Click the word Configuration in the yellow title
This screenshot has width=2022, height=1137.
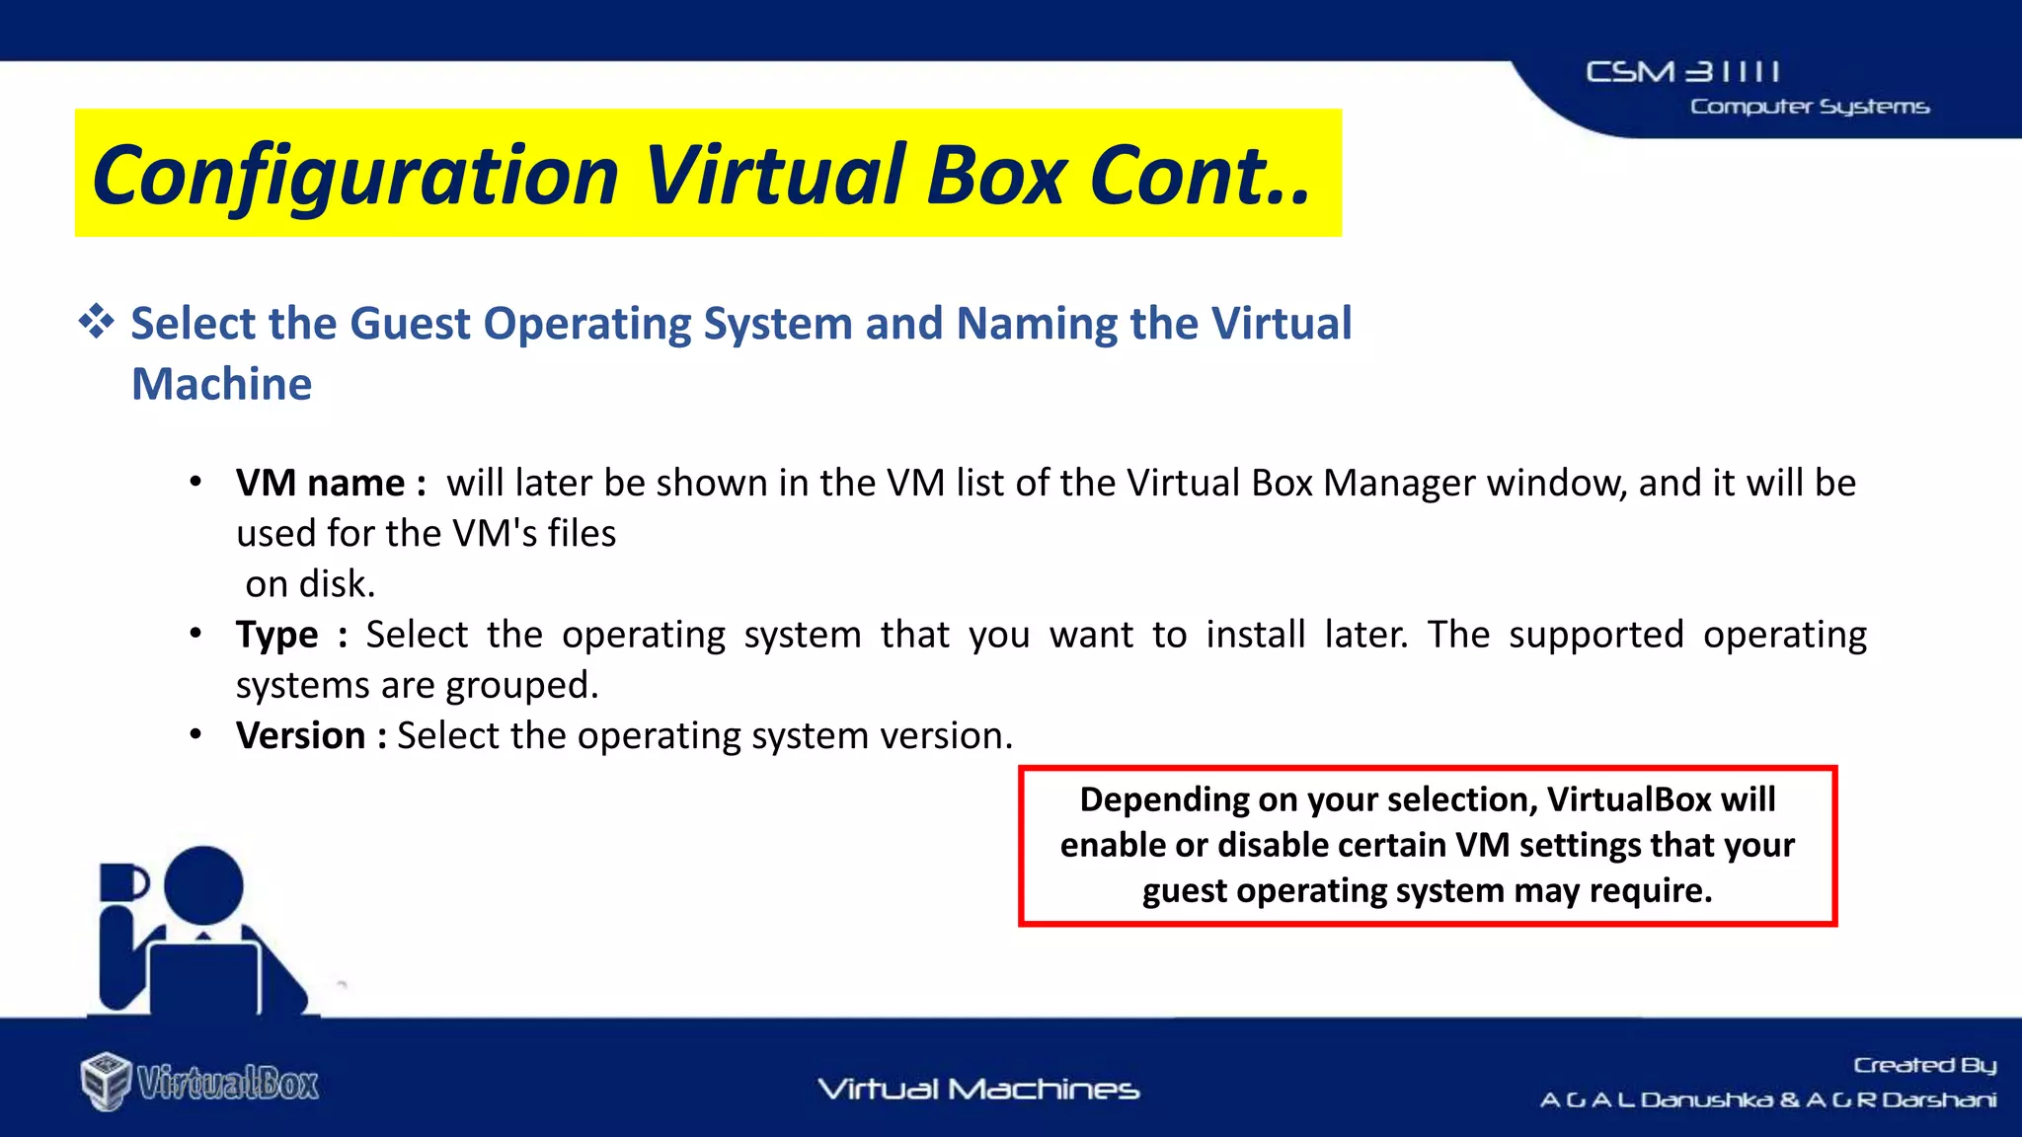(355, 176)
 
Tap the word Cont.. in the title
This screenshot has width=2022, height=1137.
(1200, 176)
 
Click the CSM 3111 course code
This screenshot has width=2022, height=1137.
(1682, 72)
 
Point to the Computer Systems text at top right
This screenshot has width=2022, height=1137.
(1809, 107)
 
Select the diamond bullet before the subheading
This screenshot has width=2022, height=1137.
(96, 322)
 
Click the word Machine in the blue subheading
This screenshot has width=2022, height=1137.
(222, 384)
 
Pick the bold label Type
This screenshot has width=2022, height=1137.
(277, 635)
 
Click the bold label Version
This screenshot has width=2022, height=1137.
(301, 736)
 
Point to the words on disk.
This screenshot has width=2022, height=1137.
(310, 584)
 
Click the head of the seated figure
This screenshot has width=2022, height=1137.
(203, 885)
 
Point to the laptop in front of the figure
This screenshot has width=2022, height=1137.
(205, 977)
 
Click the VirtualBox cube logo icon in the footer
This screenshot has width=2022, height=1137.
(106, 1082)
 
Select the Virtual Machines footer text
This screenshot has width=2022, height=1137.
(977, 1090)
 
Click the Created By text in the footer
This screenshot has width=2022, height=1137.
(1924, 1065)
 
